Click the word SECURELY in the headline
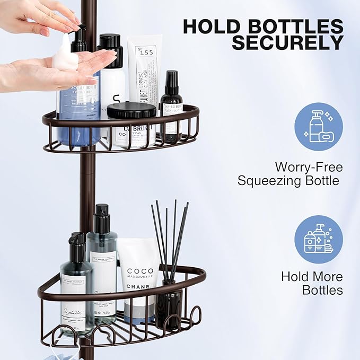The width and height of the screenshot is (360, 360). [x=287, y=42]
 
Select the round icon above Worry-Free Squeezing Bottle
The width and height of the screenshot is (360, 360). [x=318, y=127]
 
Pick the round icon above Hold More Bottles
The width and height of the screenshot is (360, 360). [x=318, y=239]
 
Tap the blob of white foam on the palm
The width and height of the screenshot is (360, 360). [x=65, y=58]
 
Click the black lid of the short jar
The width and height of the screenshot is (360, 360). [x=131, y=110]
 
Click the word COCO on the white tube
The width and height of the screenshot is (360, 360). [x=140, y=271]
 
